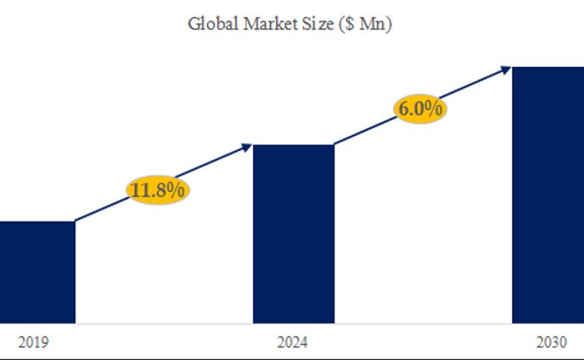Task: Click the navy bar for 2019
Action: [x=36, y=272]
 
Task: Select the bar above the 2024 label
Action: [x=294, y=233]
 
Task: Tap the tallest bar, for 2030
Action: [x=547, y=194]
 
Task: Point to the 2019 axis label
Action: [x=33, y=343]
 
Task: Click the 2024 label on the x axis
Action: [x=293, y=343]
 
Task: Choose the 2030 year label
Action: [x=553, y=343]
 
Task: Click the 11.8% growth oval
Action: [x=158, y=190]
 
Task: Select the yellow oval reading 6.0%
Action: [x=420, y=110]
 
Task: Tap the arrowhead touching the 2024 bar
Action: [x=247, y=147]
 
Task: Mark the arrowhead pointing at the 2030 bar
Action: [x=506, y=69]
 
